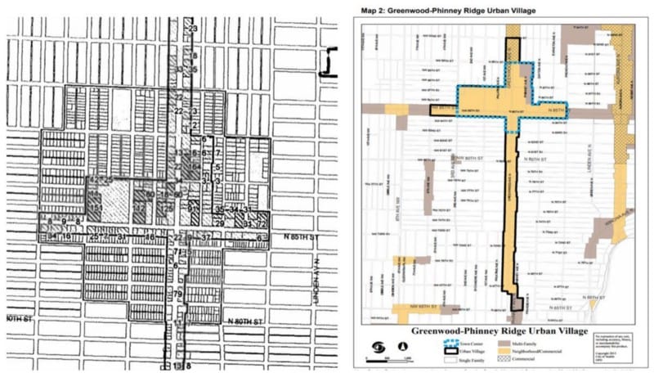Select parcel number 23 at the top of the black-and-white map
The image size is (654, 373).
coord(193,29)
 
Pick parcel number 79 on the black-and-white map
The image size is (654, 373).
coord(177,294)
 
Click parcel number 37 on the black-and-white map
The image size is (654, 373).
coord(206,237)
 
